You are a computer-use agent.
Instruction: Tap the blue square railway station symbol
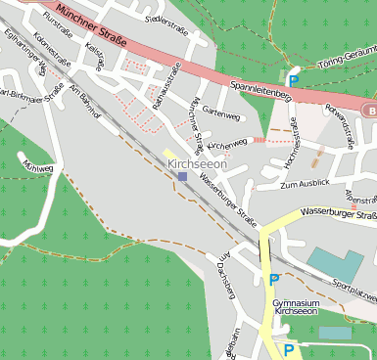(182, 177)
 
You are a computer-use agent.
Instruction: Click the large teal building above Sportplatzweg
(336, 263)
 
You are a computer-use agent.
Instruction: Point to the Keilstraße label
(95, 55)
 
